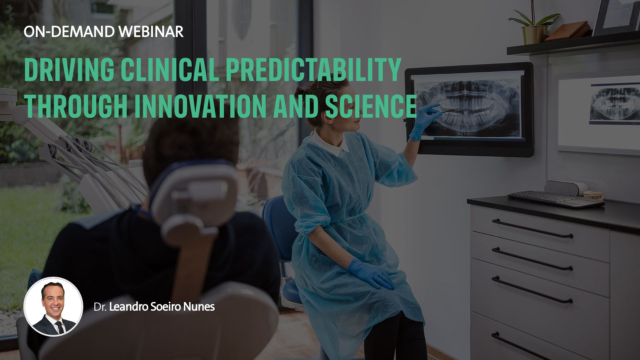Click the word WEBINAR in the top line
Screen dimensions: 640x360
(151, 32)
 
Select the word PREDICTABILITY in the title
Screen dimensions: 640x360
(314, 70)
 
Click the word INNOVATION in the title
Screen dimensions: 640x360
(200, 106)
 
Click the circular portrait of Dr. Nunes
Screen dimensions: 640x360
(53, 306)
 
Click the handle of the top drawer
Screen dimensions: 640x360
(532, 228)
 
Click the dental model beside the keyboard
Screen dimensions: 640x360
(593, 195)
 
